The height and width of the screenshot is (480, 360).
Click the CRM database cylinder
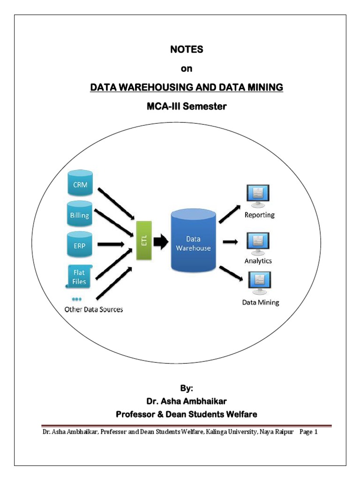tap(80, 185)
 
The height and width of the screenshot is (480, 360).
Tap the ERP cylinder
tap(80, 244)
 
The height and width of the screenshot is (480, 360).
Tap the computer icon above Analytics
tap(258, 242)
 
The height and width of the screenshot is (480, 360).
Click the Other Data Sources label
tap(94, 309)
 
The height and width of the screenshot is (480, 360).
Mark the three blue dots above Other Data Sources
tap(77, 299)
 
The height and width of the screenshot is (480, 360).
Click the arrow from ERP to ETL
tap(112, 244)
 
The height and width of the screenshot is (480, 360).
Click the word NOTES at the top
tap(187, 49)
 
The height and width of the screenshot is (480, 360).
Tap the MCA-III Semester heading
tap(187, 106)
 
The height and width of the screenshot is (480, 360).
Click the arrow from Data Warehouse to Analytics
tap(230, 242)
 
